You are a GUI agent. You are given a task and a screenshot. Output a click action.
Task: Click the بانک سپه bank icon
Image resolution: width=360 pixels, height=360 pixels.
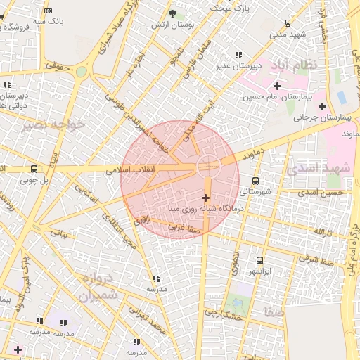[48, 11]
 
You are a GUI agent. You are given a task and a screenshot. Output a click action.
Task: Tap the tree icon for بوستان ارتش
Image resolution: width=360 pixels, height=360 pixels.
[173, 13]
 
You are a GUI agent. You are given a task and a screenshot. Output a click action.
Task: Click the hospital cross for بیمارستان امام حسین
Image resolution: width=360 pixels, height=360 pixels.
[278, 86]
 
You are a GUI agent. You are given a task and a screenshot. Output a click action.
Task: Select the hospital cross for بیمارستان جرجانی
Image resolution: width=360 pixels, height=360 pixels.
[322, 107]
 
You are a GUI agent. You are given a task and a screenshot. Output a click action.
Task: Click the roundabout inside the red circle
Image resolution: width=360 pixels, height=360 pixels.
[208, 167]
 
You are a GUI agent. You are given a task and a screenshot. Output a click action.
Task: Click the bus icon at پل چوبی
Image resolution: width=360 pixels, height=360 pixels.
[34, 169]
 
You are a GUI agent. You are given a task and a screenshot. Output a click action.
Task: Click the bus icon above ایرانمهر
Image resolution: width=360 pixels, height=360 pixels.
[259, 260]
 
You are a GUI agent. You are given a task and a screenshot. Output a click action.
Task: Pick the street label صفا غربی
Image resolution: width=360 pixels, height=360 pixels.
[184, 227]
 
